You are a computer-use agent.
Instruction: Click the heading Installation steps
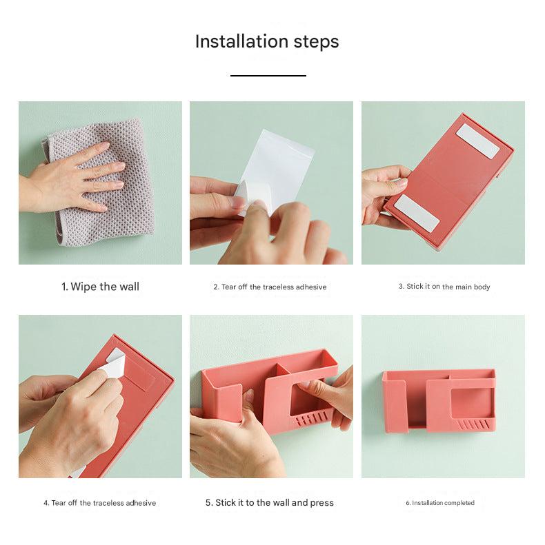[x=267, y=41]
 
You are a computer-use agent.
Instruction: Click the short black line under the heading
[x=268, y=76]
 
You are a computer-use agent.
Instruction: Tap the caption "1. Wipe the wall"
[x=100, y=287]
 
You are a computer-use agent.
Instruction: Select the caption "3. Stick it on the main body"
[x=444, y=287]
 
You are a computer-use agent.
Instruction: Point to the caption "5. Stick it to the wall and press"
[x=269, y=503]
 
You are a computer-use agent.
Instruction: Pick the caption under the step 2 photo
[x=270, y=287]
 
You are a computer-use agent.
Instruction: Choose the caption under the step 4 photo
[x=99, y=503]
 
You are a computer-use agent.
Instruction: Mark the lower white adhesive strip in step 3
[x=416, y=212]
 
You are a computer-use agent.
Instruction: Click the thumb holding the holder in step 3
[x=392, y=185]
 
